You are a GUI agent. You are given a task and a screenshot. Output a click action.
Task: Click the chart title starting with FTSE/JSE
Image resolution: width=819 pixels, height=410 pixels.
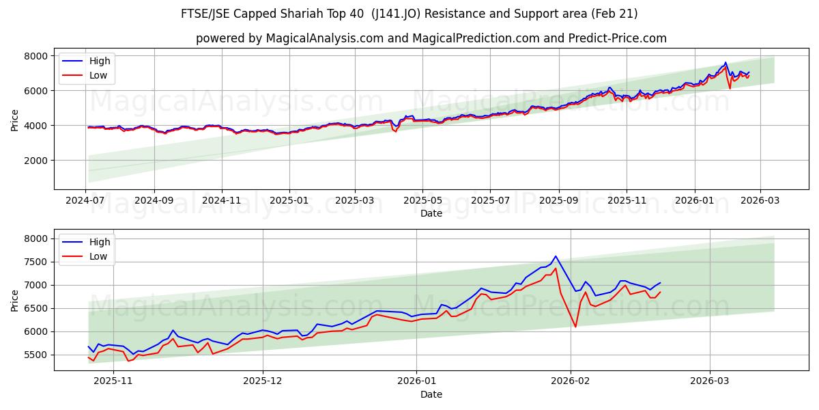click(x=409, y=14)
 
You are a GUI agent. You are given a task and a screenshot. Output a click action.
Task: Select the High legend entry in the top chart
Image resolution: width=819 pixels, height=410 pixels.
click(x=100, y=61)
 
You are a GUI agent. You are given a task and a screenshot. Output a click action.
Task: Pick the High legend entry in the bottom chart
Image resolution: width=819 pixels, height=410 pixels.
click(x=100, y=242)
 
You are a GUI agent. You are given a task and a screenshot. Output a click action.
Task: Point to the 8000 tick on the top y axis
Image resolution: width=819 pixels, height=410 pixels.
click(x=36, y=55)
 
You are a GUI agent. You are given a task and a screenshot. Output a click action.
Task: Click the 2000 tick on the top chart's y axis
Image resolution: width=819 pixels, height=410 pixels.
click(x=36, y=161)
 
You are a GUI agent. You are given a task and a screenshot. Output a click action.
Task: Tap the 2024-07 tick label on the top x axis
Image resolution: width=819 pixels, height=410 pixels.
click(x=86, y=200)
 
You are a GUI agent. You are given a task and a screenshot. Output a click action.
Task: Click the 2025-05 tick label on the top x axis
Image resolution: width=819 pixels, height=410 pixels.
click(x=422, y=200)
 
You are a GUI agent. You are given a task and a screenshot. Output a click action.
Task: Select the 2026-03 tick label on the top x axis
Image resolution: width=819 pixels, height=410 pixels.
click(x=760, y=200)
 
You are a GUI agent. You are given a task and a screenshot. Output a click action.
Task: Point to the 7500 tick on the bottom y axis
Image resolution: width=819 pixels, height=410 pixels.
click(x=36, y=262)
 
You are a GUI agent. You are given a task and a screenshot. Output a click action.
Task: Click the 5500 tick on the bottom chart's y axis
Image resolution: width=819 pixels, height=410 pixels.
click(x=36, y=355)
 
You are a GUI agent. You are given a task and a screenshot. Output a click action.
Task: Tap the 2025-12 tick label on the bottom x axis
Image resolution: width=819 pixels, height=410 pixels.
click(x=263, y=381)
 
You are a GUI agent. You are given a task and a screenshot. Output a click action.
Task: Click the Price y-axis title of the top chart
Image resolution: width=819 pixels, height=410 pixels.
click(x=15, y=120)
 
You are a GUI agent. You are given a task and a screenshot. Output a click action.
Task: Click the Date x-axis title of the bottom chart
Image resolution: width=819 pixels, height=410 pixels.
click(x=431, y=394)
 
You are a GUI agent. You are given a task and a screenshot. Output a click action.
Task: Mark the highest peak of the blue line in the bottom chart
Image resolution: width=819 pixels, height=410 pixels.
click(x=556, y=256)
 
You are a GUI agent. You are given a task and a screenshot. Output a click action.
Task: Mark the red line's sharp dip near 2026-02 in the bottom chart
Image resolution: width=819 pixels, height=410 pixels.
click(x=575, y=327)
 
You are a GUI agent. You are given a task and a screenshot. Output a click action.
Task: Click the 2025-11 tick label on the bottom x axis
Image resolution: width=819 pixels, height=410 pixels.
click(x=113, y=381)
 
